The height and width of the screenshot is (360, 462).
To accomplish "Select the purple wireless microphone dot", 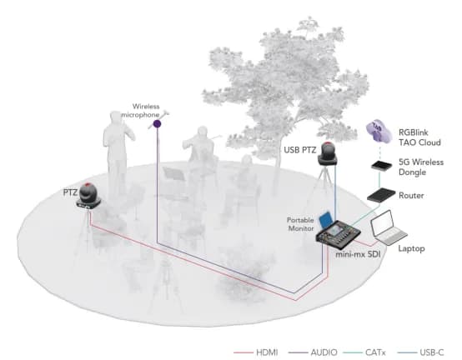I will [x=158, y=124].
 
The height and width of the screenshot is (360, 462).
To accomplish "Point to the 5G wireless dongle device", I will [x=381, y=167].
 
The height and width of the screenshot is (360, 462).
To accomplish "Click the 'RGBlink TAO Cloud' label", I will [x=424, y=136].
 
